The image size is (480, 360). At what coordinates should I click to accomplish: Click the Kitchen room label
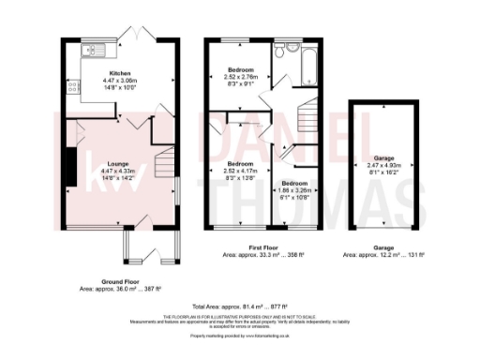tap(120, 73)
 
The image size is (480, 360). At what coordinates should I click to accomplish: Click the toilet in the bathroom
tap(292, 46)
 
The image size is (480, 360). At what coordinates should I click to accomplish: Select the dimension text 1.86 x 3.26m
tap(295, 190)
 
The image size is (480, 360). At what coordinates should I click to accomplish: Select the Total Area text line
tap(238, 307)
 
